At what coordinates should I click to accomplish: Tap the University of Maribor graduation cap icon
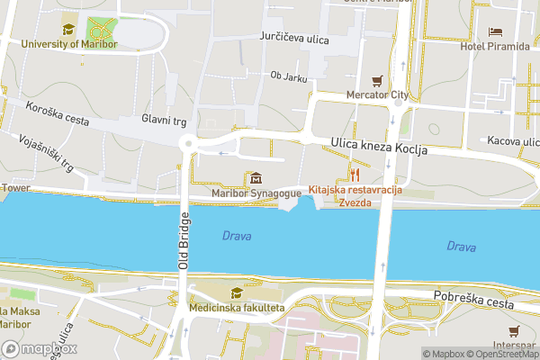click(68, 28)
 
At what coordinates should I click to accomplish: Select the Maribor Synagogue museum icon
click(256, 177)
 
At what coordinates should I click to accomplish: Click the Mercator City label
click(378, 94)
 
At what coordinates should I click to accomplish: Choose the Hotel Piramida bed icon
click(495, 31)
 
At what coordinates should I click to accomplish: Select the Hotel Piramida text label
click(495, 47)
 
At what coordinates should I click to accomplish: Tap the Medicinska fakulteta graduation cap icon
click(236, 292)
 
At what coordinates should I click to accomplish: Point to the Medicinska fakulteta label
click(237, 308)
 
